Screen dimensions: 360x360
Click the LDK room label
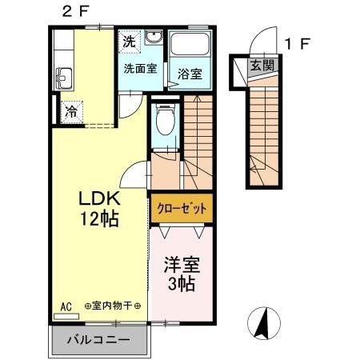point(98,198)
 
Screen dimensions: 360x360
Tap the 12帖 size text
point(98,218)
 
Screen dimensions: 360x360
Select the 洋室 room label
point(181,264)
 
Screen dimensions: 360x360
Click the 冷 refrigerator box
point(70,111)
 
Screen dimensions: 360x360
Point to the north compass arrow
point(263,325)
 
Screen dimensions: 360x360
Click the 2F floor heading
point(72,10)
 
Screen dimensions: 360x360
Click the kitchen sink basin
point(63,78)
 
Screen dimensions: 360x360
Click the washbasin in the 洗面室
point(154,42)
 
